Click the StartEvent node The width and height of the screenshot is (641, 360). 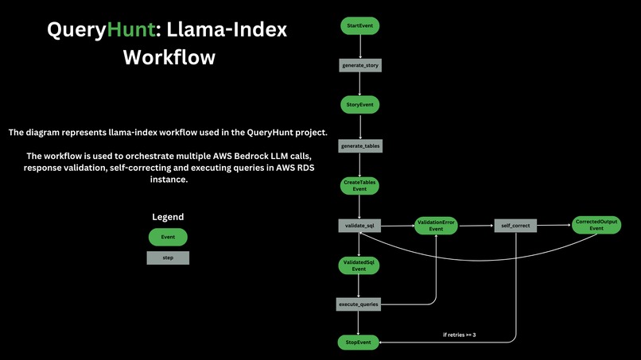(x=359, y=25)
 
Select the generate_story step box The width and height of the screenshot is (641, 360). (x=360, y=65)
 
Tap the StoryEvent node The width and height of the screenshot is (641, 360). (x=359, y=105)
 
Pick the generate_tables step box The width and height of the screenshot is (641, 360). (x=360, y=146)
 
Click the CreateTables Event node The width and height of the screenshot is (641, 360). (x=359, y=186)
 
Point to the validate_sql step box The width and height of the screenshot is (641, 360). (x=359, y=226)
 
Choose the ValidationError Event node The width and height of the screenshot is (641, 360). (x=436, y=226)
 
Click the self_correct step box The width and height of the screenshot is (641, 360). (x=515, y=226)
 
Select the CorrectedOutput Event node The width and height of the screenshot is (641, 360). (x=596, y=225)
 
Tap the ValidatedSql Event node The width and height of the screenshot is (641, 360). (x=359, y=265)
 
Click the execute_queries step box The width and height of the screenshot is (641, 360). (x=359, y=304)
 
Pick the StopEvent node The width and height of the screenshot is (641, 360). (x=358, y=343)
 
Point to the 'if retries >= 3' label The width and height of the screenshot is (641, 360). (x=459, y=335)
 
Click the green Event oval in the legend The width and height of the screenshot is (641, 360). (x=168, y=237)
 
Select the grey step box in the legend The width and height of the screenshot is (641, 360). (x=168, y=257)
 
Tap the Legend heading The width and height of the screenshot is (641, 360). (x=168, y=217)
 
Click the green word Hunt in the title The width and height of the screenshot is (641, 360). (x=130, y=30)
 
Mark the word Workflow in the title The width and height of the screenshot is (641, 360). (x=169, y=57)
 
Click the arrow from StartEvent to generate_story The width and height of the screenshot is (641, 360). (x=360, y=47)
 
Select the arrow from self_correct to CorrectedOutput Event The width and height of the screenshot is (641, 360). (x=554, y=225)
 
